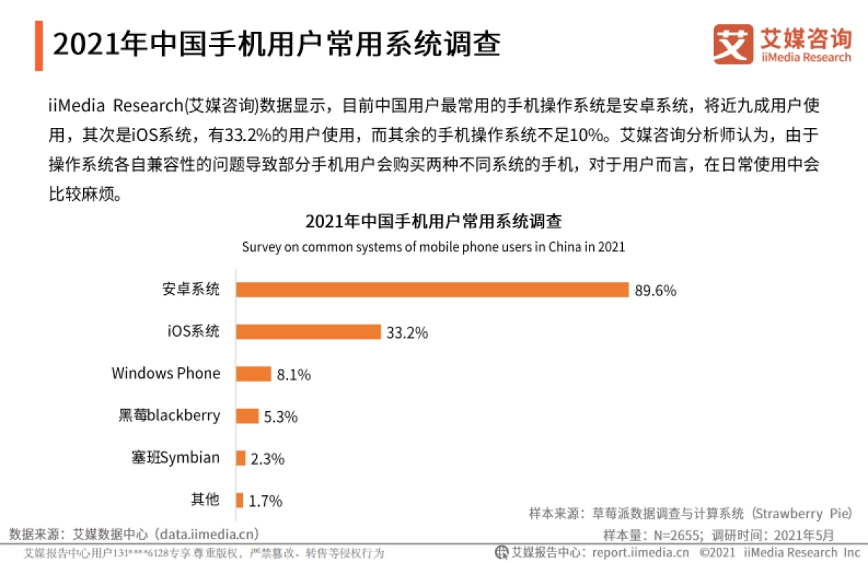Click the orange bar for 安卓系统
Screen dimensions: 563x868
coord(432,290)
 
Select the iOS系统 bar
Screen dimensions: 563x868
coord(308,332)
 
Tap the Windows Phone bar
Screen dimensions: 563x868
coord(253,374)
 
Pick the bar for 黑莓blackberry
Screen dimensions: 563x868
coord(247,416)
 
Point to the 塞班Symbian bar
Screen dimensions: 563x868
coord(241,458)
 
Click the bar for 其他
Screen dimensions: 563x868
coord(239,500)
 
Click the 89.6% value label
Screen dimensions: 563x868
coord(655,291)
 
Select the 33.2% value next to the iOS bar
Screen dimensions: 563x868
coord(407,333)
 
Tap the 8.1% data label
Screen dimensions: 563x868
coord(294,375)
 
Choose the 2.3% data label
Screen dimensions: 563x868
coord(268,459)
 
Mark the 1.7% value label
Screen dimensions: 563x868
coord(265,501)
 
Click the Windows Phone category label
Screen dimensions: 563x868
coord(166,374)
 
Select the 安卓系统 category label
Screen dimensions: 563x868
coord(190,289)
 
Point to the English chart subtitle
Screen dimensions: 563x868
coord(433,246)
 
